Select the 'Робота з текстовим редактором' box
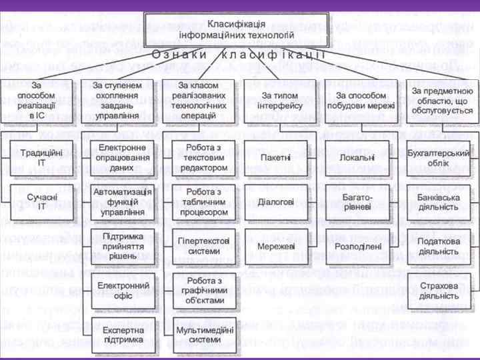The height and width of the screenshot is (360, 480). click(199, 157)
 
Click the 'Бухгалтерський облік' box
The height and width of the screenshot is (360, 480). click(439, 157)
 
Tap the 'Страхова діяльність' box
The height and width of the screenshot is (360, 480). click(439, 291)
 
